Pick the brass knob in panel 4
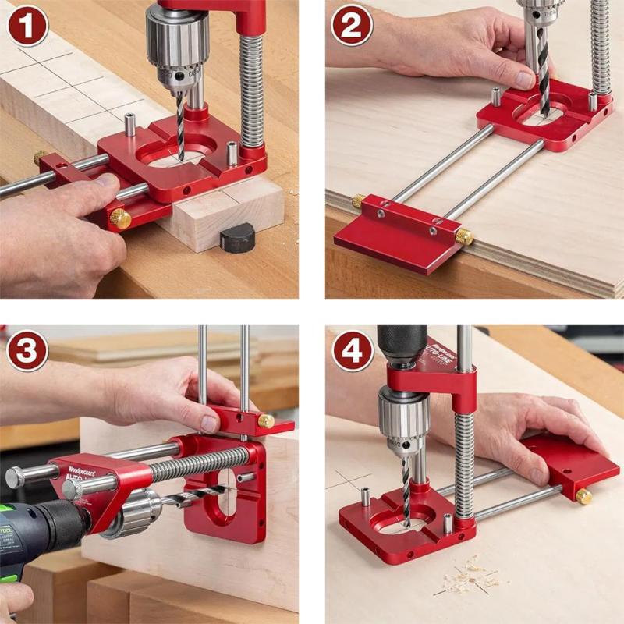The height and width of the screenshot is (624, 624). [583, 495]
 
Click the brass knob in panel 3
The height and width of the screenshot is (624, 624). [266, 421]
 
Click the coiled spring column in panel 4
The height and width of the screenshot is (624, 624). [464, 460]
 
